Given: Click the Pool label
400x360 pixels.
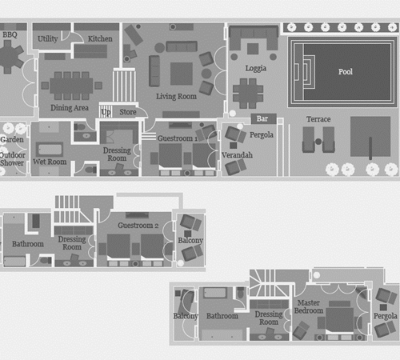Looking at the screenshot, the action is click(x=346, y=72).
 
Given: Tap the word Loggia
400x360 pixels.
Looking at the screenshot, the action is click(x=256, y=69).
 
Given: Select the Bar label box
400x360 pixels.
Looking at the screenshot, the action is click(x=262, y=118).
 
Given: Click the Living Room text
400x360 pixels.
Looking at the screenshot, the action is click(x=176, y=97).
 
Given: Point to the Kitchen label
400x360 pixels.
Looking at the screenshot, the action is click(x=100, y=38).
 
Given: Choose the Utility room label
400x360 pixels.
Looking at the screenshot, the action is click(x=47, y=39).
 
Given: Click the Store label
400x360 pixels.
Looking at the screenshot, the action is click(x=128, y=112).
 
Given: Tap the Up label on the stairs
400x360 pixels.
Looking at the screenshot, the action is click(x=106, y=112).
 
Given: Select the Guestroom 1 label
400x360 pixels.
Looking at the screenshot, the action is click(x=178, y=138).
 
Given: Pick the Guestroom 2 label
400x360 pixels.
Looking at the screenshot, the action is click(x=138, y=226).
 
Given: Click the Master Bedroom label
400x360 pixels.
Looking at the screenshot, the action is click(x=309, y=306).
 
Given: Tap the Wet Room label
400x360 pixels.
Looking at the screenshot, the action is click(x=50, y=162).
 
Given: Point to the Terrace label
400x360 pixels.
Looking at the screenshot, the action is click(x=318, y=119).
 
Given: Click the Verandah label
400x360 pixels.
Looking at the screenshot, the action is click(x=237, y=155).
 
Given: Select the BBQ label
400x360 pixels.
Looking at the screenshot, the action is click(x=10, y=34).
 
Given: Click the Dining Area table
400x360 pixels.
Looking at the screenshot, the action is click(x=71, y=86).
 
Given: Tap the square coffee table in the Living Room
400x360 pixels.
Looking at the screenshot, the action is click(x=182, y=74).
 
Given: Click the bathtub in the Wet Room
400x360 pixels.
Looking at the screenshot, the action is click(x=50, y=150).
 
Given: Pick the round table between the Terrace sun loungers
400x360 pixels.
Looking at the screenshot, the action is click(x=318, y=142).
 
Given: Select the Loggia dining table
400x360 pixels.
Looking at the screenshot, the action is click(x=248, y=93).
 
